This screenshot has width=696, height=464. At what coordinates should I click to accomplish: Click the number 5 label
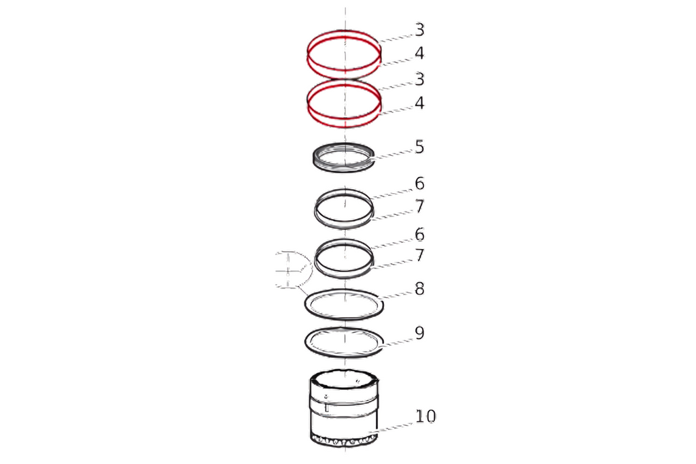tap(419, 147)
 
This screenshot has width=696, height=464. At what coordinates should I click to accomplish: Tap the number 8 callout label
tap(419, 289)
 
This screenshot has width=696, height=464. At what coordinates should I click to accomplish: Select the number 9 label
tap(419, 333)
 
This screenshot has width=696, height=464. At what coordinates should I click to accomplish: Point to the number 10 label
tap(425, 416)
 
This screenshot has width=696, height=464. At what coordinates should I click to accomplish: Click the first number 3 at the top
tap(419, 30)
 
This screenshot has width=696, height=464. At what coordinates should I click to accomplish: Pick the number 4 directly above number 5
tap(419, 103)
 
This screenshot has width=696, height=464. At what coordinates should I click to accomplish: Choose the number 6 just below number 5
tap(419, 183)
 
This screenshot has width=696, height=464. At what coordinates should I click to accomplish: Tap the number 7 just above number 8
tap(419, 256)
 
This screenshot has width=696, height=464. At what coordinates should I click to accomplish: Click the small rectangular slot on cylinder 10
tap(326, 408)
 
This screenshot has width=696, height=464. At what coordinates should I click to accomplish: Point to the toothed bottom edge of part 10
tap(344, 442)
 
